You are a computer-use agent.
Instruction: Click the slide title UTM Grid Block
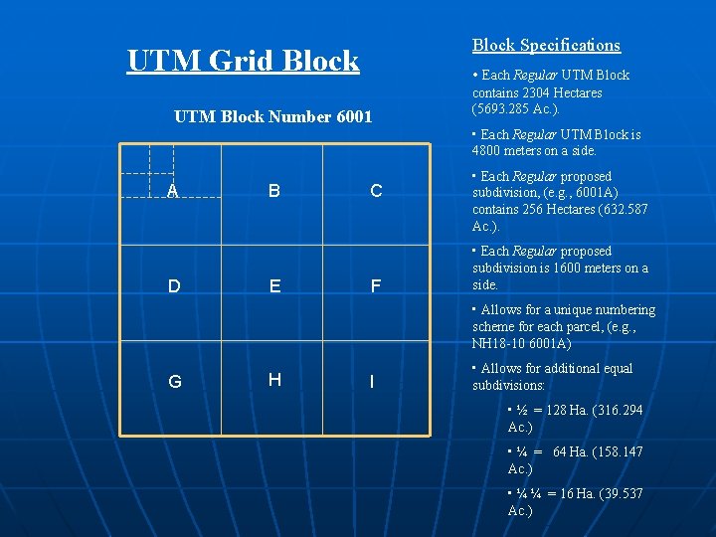click(x=243, y=61)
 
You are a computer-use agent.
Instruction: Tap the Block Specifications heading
click(x=546, y=45)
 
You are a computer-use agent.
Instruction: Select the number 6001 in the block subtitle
click(x=353, y=116)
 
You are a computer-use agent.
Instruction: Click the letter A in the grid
click(x=173, y=191)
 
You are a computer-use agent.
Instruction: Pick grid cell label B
click(x=273, y=191)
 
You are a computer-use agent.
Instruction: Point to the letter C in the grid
click(x=376, y=191)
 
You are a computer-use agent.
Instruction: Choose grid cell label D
click(x=174, y=286)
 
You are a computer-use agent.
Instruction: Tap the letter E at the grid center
click(x=274, y=286)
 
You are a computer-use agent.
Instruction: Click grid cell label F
click(x=376, y=286)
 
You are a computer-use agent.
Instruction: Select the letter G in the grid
click(x=174, y=381)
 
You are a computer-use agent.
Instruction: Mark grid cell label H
click(x=274, y=379)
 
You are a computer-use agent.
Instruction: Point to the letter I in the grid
click(x=371, y=381)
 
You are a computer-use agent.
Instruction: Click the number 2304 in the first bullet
click(x=538, y=92)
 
